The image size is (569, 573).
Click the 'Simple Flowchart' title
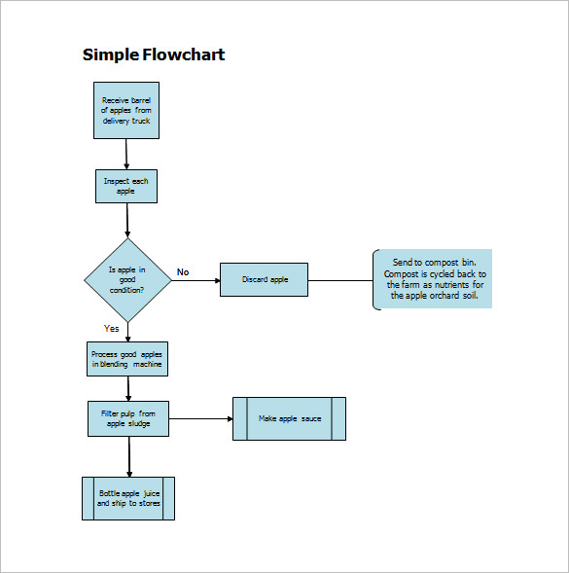point(153,54)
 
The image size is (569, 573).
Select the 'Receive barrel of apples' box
point(126,111)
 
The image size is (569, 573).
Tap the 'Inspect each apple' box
point(126,186)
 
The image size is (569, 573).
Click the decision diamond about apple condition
point(127,280)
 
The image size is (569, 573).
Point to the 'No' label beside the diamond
point(182,272)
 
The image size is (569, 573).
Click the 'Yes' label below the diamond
point(112,329)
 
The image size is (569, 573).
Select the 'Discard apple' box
point(264,280)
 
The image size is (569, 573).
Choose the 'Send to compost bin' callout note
point(433,279)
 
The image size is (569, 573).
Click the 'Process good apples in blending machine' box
point(127,359)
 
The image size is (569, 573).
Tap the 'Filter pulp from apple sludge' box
point(127,418)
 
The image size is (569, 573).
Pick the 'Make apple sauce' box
point(289,418)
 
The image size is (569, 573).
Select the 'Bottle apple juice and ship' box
point(127,498)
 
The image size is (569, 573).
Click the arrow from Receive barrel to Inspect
point(126,154)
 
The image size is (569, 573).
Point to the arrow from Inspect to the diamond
point(127,221)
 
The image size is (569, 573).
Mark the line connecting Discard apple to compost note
point(339,280)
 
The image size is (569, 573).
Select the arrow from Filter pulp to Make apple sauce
point(200,418)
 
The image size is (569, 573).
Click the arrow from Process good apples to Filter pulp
point(127,388)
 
